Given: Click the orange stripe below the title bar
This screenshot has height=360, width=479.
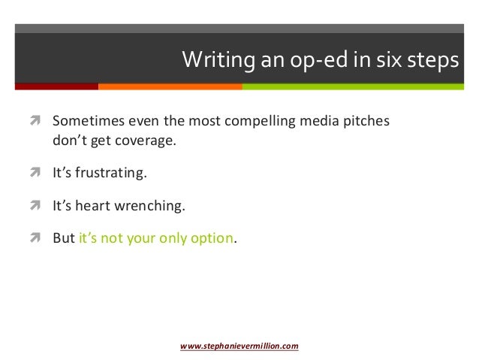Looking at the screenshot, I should pyautogui.click(x=170, y=86).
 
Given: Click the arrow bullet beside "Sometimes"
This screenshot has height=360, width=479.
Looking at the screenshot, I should pyautogui.click(x=35, y=121).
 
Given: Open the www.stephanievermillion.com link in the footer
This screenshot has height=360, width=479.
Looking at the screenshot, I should pyautogui.click(x=239, y=346).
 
